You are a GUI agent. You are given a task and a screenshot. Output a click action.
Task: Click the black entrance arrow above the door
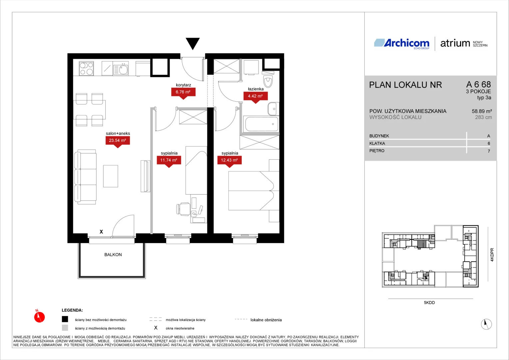(x=193, y=43)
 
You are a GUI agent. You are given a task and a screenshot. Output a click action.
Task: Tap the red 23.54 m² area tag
(x=118, y=141)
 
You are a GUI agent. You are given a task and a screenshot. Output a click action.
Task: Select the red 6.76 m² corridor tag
(x=183, y=92)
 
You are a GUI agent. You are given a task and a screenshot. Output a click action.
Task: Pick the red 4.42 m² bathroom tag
(x=255, y=96)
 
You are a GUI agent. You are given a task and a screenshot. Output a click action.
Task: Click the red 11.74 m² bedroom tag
(x=169, y=160)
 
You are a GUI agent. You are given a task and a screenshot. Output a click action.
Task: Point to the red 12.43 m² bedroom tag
(x=229, y=160)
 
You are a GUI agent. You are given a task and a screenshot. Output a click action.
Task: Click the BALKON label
(x=113, y=255)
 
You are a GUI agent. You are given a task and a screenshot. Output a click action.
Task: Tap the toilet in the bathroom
(x=268, y=80)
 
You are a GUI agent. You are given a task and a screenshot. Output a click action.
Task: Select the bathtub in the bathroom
(x=261, y=124)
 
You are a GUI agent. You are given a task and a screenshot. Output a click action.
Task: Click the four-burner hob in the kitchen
(x=86, y=68)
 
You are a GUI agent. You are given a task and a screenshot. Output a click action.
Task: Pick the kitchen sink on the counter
(x=121, y=69)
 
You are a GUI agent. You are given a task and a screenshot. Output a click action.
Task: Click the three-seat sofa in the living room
(x=85, y=177)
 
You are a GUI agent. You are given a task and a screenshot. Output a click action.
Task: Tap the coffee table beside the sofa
(x=111, y=176)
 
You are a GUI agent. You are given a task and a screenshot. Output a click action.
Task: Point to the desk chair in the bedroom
(x=183, y=209)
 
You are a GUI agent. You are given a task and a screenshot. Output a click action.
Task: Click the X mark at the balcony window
(x=101, y=232)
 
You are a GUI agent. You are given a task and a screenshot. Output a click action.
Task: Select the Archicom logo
(x=402, y=44)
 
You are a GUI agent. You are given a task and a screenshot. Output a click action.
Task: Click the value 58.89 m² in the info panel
(x=482, y=111)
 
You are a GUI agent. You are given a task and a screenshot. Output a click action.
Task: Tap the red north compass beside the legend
(x=39, y=317)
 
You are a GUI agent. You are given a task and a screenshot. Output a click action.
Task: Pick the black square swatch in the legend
(x=65, y=319)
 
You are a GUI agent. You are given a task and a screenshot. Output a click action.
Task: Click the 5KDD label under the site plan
(x=429, y=303)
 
